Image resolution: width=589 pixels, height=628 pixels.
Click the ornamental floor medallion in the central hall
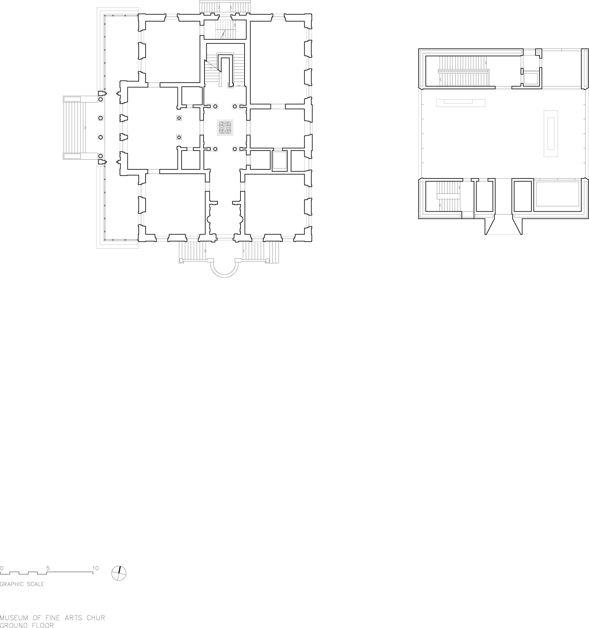pyautogui.click(x=225, y=128)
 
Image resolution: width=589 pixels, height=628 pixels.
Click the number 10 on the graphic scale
pyautogui.click(x=96, y=568)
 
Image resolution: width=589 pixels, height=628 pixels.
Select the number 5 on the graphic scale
pyautogui.click(x=48, y=568)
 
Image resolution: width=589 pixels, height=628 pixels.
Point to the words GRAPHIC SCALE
pyautogui.click(x=22, y=584)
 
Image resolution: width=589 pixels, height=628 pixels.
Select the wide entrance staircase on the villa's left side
pyautogui.click(x=75, y=127)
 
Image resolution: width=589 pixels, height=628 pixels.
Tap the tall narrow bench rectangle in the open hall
pyautogui.click(x=551, y=133)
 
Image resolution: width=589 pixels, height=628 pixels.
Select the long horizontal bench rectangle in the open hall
pyautogui.click(x=460, y=103)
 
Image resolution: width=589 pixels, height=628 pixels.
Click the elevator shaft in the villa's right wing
pyautogui.click(x=279, y=161)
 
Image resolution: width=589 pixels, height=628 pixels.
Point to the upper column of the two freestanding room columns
pyautogui.click(x=179, y=118)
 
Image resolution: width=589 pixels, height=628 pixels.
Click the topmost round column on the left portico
pyautogui.click(x=101, y=99)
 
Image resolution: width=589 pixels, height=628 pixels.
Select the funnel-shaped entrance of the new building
pyautogui.click(x=503, y=225)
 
